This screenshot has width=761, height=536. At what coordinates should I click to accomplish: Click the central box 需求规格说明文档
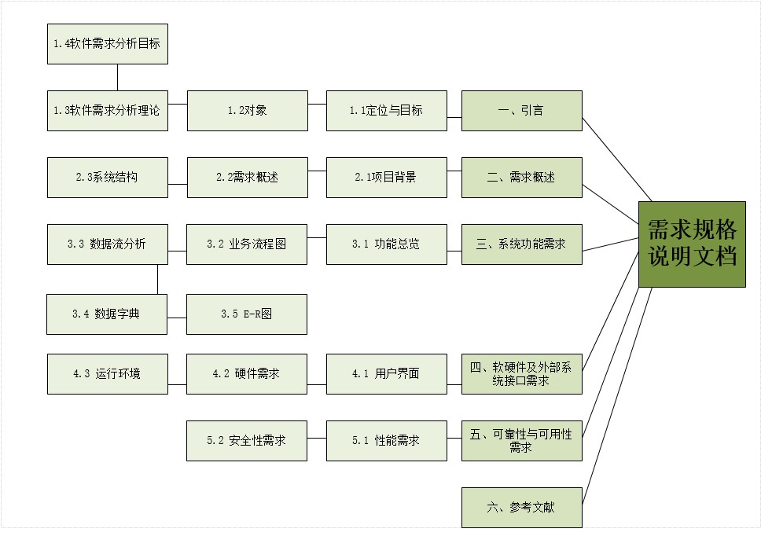click(692, 244)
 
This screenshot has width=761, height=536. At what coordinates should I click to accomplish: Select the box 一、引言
click(521, 111)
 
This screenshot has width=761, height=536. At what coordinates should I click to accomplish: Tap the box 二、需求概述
click(521, 178)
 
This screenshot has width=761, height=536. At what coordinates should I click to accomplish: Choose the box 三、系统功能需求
click(521, 244)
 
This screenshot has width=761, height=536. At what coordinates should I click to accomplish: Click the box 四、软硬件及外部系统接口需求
click(521, 374)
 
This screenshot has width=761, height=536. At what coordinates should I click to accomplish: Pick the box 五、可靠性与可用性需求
click(521, 441)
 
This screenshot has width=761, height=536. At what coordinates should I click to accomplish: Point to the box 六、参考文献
click(521, 508)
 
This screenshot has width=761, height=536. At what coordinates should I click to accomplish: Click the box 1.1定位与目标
click(386, 111)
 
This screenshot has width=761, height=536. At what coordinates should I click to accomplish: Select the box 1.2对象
click(247, 111)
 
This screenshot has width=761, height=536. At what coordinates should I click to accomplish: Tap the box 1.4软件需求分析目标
click(107, 44)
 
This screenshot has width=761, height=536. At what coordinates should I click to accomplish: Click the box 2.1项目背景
click(386, 178)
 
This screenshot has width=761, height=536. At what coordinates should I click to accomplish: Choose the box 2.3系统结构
click(107, 178)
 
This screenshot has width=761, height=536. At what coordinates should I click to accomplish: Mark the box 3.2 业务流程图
click(247, 244)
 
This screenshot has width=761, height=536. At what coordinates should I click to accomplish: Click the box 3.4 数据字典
click(107, 314)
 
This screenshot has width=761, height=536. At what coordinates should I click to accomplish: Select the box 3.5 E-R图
click(247, 314)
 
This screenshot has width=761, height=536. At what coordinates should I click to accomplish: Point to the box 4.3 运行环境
click(107, 374)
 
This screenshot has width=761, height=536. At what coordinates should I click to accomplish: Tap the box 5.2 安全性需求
click(247, 441)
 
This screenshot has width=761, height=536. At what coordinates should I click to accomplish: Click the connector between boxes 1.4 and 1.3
click(117, 78)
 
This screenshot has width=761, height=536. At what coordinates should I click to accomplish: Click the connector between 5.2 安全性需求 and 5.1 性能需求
click(317, 440)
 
